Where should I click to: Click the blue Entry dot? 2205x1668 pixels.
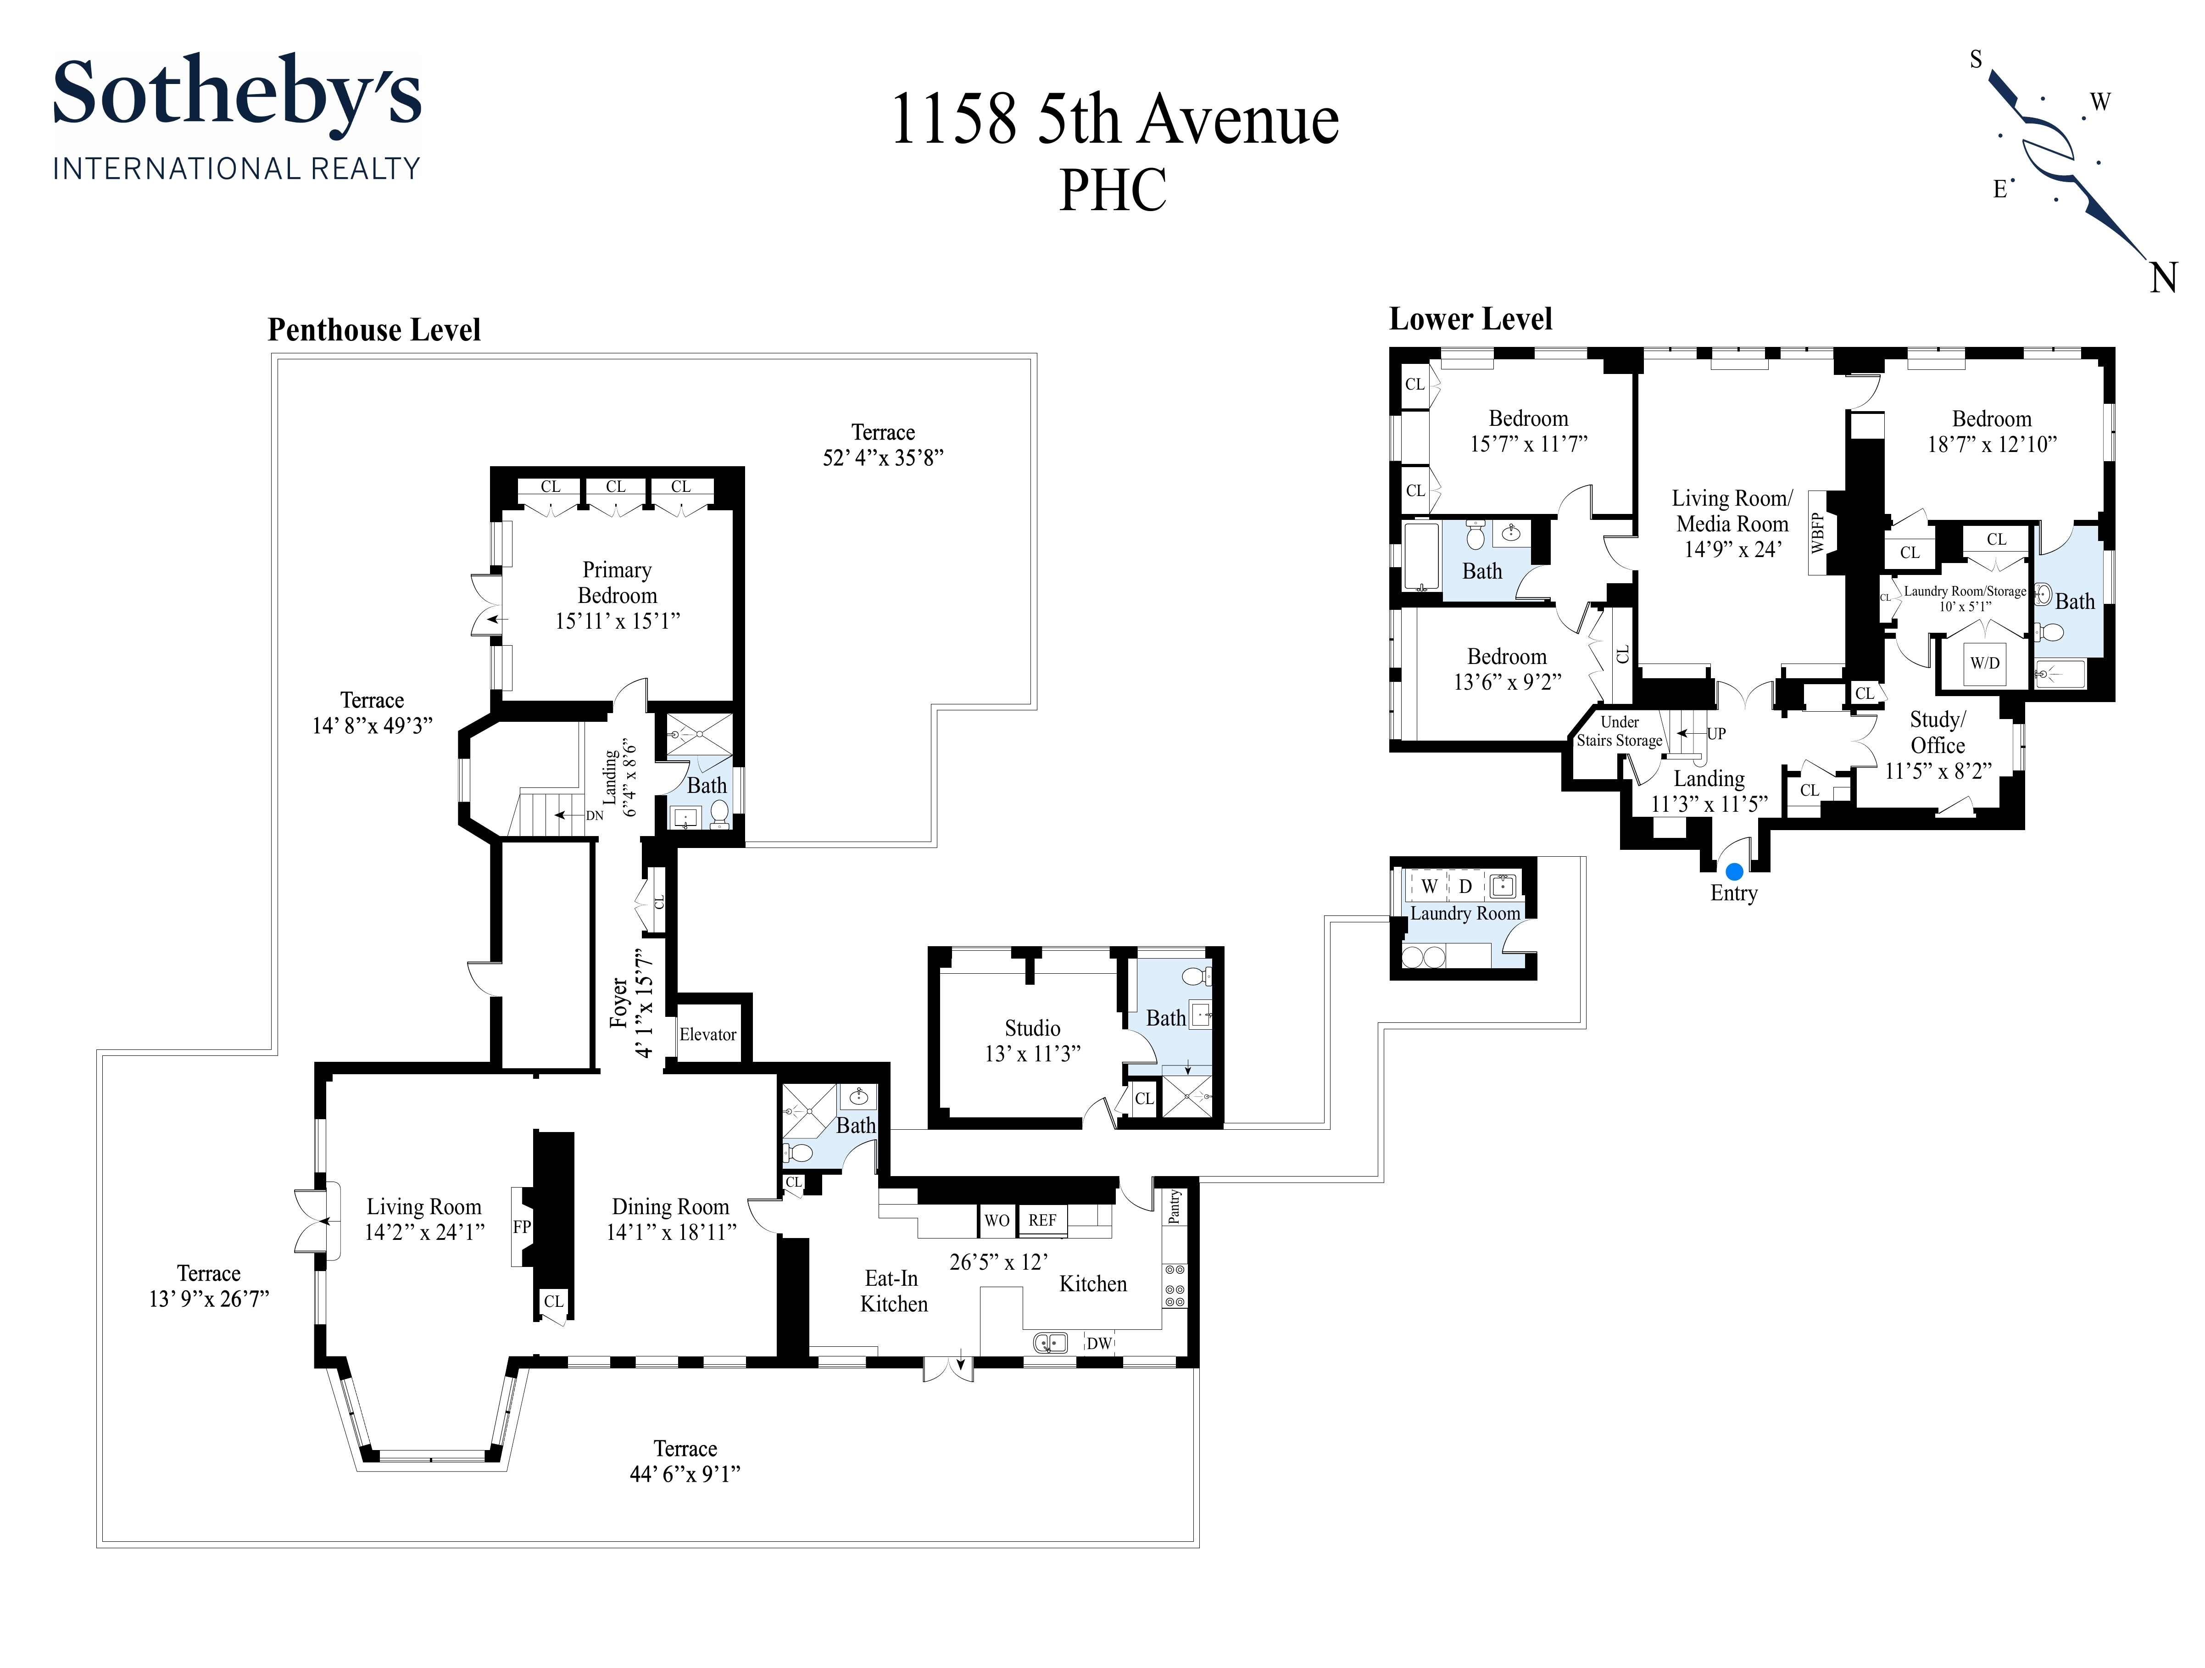coord(1734,871)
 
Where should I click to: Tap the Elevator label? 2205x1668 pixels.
coord(708,1034)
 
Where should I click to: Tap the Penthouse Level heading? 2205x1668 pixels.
coord(374,330)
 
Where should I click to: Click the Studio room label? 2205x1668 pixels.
coord(1033,1028)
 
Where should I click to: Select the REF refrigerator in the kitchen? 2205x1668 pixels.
coord(1043,1220)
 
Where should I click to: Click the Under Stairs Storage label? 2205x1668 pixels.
coord(1620,731)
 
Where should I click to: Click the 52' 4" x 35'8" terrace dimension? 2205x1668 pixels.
coord(883,457)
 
